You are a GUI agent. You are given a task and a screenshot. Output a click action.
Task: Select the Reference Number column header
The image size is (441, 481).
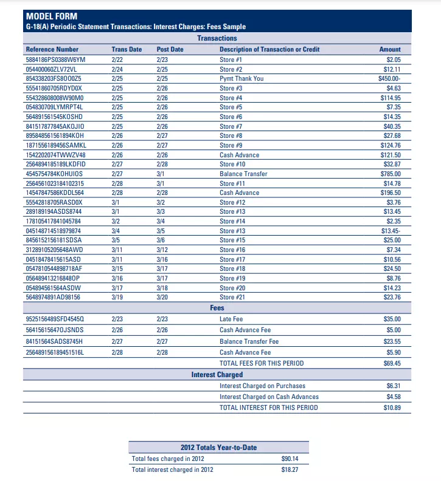[52, 49]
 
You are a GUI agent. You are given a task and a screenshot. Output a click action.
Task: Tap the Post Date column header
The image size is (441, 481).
[170, 49]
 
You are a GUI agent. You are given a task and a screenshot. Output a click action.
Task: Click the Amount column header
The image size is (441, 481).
[390, 49]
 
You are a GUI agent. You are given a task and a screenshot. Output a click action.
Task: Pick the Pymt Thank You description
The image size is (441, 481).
[241, 78]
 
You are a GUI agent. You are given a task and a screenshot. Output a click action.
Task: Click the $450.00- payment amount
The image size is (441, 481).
[389, 78]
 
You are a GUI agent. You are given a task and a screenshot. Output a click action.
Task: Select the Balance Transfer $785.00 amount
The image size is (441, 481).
[390, 174]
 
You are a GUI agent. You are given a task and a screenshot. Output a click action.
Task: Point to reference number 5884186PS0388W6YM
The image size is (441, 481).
[55, 60]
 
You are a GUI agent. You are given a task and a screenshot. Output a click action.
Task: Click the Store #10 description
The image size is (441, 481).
[232, 164]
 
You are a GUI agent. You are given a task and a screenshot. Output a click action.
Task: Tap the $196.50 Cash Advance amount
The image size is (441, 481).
[390, 193]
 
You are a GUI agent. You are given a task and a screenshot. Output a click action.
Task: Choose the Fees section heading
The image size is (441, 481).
[217, 308]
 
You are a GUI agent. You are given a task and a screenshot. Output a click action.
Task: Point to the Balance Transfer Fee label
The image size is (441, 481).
[249, 341]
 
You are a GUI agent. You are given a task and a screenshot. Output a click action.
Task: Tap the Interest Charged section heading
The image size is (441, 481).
[217, 375]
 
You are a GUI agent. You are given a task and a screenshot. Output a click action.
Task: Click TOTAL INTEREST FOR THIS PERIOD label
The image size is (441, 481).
[268, 408]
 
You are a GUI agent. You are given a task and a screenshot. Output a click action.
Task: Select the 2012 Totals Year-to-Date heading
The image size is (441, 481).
[218, 448]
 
